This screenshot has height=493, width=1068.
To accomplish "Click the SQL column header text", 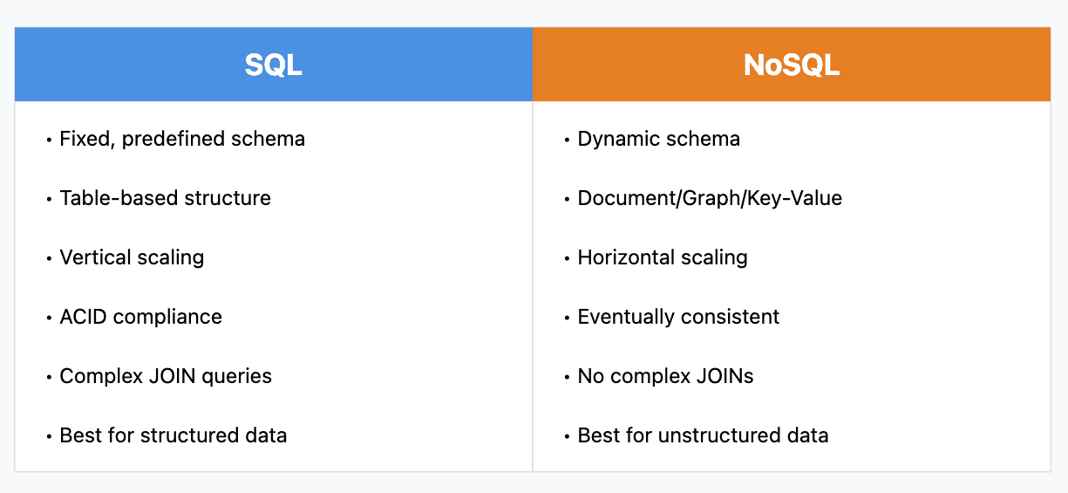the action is tap(273, 65).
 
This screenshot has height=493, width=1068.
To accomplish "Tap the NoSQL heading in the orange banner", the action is tap(792, 65).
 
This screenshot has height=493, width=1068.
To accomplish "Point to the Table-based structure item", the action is tap(165, 198).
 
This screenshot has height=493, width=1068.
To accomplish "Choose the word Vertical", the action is tap(95, 257).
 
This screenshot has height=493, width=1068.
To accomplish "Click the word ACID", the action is tap(83, 317).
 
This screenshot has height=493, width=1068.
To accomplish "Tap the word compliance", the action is tap(167, 318).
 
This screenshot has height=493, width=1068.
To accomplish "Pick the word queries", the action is tap(236, 377).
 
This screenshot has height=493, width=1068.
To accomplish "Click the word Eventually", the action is tap(622, 318).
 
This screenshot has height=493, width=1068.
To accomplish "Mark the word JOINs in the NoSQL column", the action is tap(724, 376).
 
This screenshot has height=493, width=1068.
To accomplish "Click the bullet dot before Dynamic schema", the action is tap(567, 140).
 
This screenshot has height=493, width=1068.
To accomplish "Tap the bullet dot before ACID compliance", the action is tap(49, 318).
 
